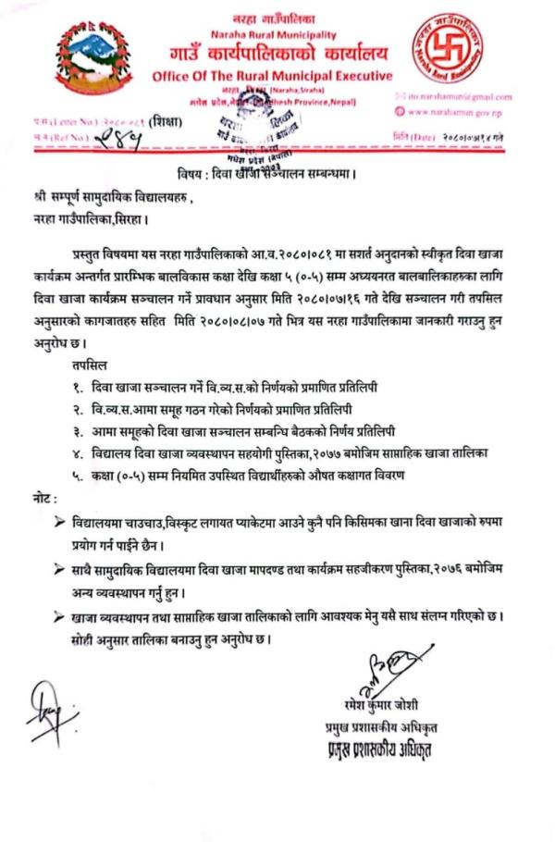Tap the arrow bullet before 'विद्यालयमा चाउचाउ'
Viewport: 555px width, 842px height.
[61, 524]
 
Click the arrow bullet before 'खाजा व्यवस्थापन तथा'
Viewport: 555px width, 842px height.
[61, 615]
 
